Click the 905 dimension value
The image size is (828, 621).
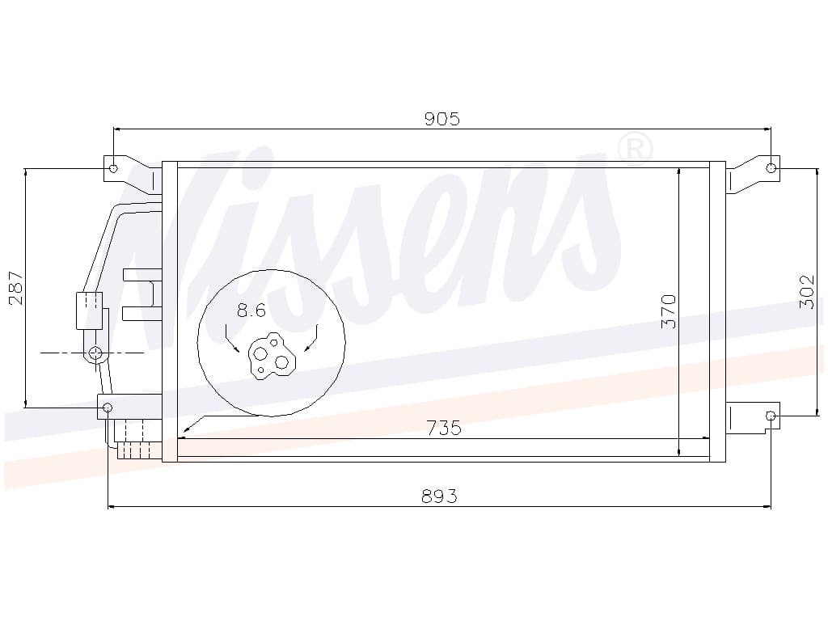click(442, 119)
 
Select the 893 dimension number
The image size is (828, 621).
click(439, 496)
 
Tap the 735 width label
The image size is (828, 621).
click(444, 427)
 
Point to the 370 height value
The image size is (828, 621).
click(669, 311)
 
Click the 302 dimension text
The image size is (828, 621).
click(808, 291)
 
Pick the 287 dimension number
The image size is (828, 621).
click(16, 288)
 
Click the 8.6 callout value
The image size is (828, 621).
click(251, 310)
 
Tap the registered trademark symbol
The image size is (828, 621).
click(635, 150)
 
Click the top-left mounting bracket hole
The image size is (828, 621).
click(113, 169)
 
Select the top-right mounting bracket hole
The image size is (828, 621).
click(771, 168)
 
